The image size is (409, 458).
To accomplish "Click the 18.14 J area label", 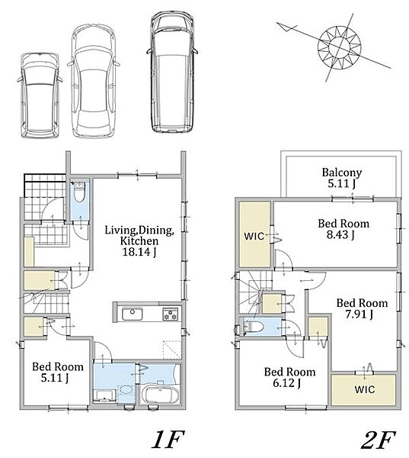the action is tap(139, 252).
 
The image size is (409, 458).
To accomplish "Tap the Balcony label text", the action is tap(342, 173).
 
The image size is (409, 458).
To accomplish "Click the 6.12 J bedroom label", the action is tap(286, 383).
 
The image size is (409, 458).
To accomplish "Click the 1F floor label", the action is tap(168, 440).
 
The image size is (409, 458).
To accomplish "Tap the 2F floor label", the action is tap(379, 440).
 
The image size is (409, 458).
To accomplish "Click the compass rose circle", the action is tap(339, 47).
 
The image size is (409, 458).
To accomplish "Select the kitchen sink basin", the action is tap(132, 314).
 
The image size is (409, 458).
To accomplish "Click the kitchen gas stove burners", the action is tap(171, 314).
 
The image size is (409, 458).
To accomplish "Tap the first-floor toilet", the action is tap(78, 192).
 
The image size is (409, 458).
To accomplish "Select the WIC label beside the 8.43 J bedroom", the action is tap(254, 236).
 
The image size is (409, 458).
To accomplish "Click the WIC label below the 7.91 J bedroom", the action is tap(365, 389).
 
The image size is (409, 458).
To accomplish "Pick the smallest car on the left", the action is tap(39, 95).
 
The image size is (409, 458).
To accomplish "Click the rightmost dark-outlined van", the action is tap(172, 73).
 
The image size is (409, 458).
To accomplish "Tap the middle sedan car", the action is tap(93, 81).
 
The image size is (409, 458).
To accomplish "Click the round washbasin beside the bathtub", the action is tap(126, 391).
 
